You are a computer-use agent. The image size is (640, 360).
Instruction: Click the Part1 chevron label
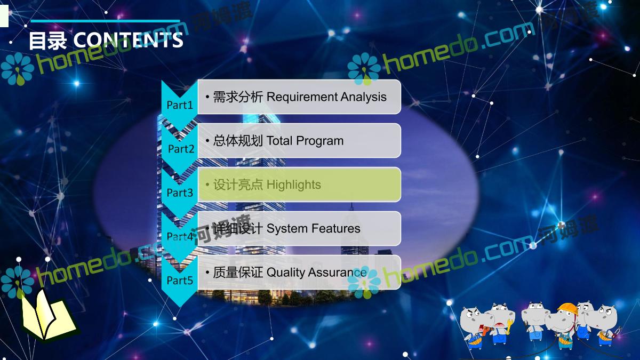[180, 105]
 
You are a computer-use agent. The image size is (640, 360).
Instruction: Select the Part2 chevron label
[181, 149]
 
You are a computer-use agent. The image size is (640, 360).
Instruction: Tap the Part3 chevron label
[180, 193]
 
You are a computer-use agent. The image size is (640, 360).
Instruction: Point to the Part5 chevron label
[180, 281]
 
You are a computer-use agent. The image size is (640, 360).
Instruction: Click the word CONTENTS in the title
[129, 40]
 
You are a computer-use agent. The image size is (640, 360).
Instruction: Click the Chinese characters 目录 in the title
[47, 41]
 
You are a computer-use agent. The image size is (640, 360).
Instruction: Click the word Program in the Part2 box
[319, 141]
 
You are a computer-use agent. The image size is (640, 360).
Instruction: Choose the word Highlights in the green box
[294, 185]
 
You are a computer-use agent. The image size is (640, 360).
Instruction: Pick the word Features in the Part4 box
[335, 229]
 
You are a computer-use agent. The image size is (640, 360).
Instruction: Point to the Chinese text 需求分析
[238, 97]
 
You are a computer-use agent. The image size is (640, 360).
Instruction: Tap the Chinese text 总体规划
[238, 141]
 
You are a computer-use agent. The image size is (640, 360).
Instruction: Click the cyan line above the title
[105, 21]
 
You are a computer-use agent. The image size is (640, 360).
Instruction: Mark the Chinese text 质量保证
[238, 273]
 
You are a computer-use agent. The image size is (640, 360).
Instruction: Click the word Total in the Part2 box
[279, 141]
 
